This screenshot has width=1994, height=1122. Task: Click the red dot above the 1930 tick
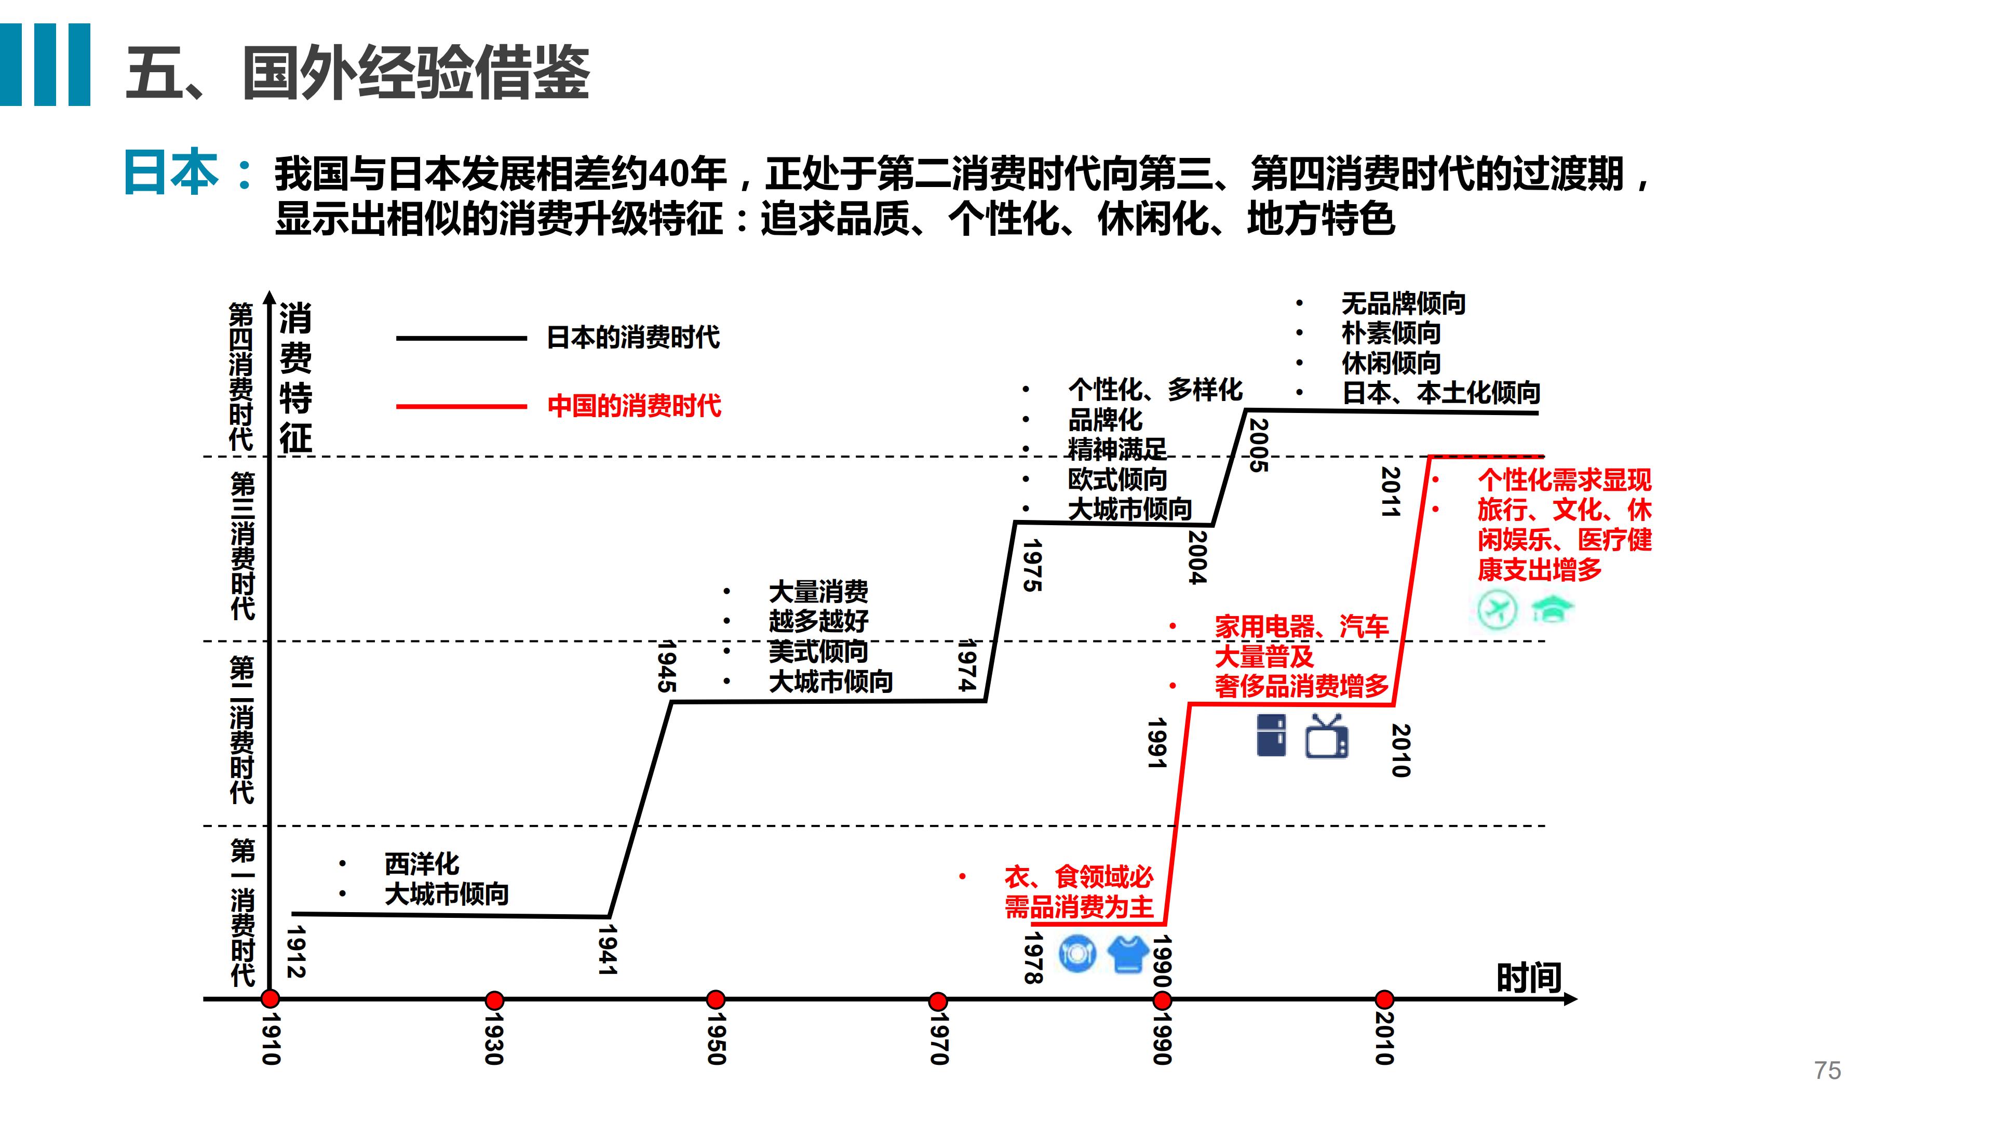click(x=494, y=999)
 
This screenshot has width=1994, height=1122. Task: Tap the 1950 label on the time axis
click(x=717, y=1038)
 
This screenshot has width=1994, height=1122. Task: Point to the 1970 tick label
click(x=938, y=1038)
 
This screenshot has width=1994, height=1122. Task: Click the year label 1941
click(x=608, y=950)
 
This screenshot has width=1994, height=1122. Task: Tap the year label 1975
click(x=1032, y=565)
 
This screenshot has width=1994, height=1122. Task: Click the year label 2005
click(x=1259, y=445)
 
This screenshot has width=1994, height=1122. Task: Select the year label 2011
click(x=1391, y=492)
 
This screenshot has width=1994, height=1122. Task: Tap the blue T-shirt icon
click(x=1128, y=954)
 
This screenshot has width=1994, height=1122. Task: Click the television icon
click(x=1327, y=736)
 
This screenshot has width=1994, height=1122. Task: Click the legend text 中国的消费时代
click(x=634, y=406)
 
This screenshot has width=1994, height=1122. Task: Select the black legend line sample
click(x=461, y=338)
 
